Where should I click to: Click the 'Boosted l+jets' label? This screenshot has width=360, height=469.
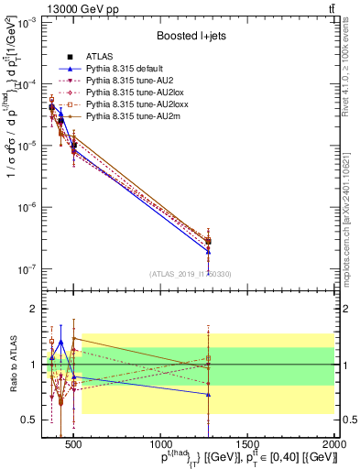(x=196, y=36)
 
